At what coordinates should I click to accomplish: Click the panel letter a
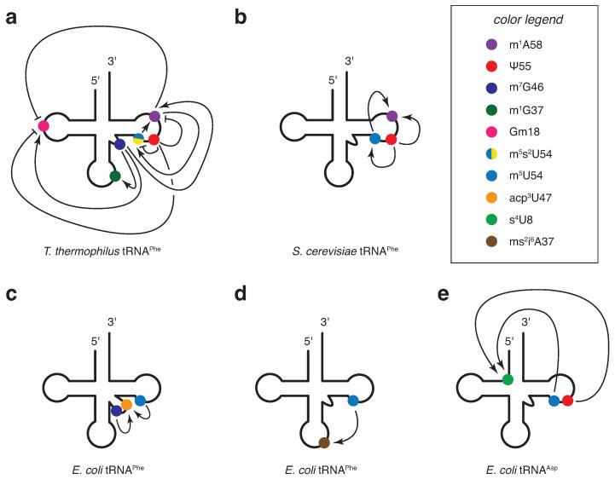11,13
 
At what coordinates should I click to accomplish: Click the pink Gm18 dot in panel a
43,126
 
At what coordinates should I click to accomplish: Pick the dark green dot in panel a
114,176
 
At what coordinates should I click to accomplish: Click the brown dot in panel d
323,441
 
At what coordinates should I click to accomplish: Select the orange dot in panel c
126,403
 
